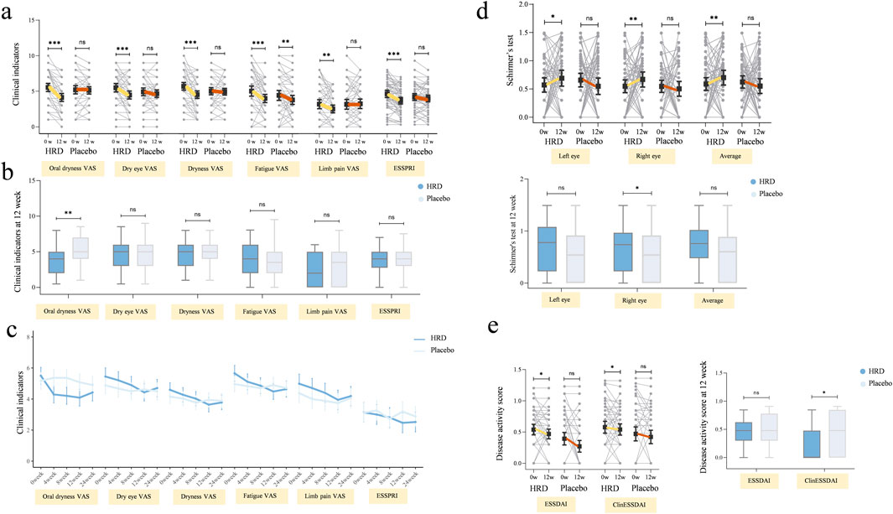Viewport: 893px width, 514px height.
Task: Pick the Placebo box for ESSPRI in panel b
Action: [398, 258]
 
